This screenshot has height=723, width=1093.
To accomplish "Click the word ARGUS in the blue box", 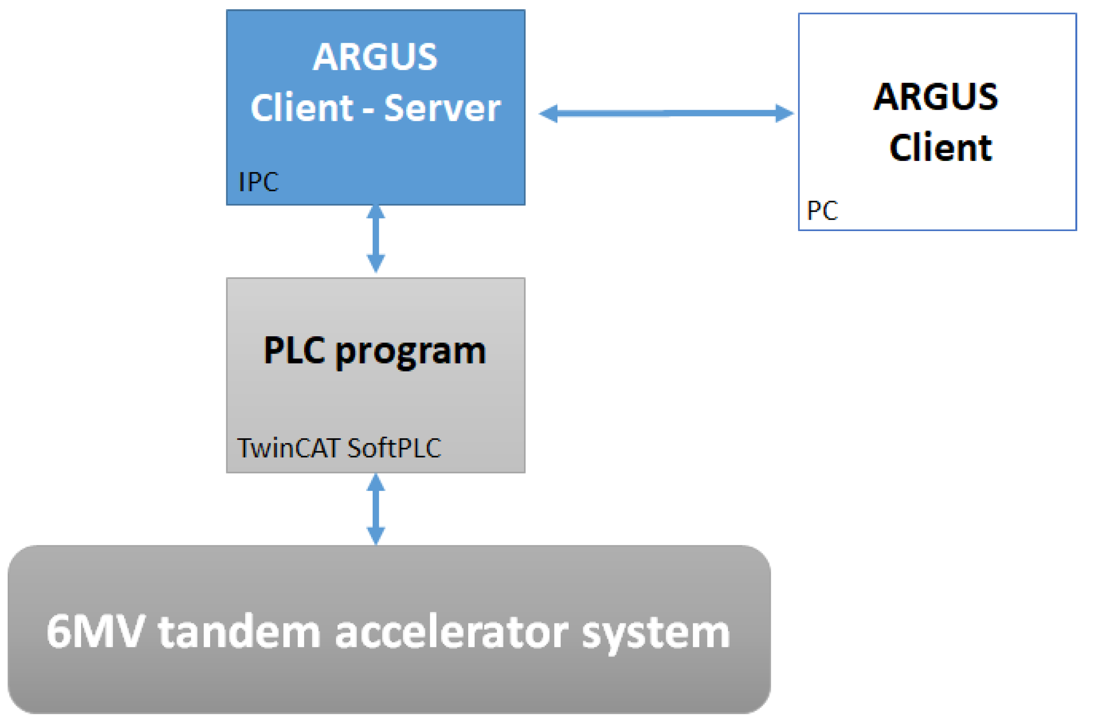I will [375, 57].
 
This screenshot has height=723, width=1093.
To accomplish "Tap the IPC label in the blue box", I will [258, 182].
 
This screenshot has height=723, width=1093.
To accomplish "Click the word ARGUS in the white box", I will [935, 97].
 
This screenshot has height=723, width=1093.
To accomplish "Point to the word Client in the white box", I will [940, 148].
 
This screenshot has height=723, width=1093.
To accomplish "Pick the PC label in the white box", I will [822, 211].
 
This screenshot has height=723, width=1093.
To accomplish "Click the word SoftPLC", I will [394, 448].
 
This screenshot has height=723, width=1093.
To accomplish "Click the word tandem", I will [239, 632].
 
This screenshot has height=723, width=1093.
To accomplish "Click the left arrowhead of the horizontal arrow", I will [549, 113].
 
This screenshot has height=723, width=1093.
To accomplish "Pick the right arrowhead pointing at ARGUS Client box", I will [784, 113].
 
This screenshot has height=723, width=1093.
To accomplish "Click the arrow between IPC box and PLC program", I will [375, 238].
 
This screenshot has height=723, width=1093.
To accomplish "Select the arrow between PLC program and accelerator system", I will [375, 509].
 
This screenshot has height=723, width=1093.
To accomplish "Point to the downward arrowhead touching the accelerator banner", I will [375, 536].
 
